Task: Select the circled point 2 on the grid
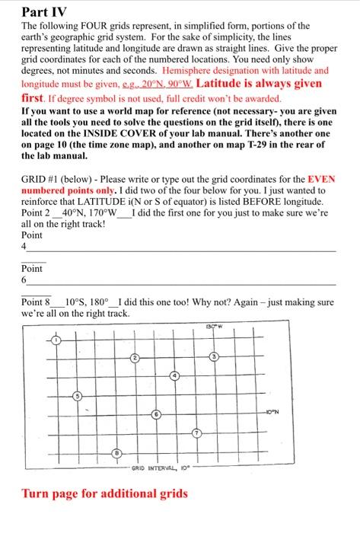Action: point(135,358)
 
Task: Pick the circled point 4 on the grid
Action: point(174,376)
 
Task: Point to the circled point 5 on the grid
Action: point(75,395)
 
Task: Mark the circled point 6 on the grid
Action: point(155,415)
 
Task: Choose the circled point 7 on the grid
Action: point(196,434)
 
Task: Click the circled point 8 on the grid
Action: point(116,452)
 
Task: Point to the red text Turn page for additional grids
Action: point(105,493)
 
